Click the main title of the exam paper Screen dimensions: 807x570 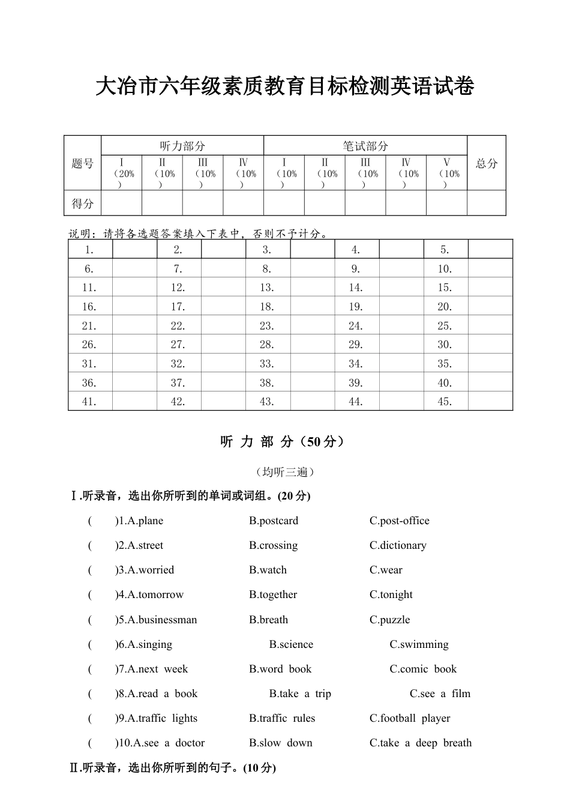click(285, 86)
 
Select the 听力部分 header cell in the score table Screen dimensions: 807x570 click(182, 146)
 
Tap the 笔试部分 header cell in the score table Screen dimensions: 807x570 click(365, 146)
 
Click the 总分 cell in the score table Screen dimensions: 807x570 click(487, 163)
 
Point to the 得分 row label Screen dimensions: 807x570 click(83, 204)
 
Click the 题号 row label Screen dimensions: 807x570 click(83, 163)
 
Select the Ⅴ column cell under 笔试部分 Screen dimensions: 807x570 click(446, 173)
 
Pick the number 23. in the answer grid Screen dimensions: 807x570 click(267, 325)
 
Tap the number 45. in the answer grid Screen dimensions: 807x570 click(445, 402)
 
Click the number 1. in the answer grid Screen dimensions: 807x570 click(89, 250)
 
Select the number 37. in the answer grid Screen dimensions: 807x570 click(178, 382)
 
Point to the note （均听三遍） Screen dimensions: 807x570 click(285, 472)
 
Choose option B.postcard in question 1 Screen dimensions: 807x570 click(274, 521)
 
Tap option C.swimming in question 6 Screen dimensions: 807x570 click(419, 644)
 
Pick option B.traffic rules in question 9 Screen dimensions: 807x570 click(282, 718)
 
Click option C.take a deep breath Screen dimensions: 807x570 click(421, 743)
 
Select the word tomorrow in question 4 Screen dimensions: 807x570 click(161, 594)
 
